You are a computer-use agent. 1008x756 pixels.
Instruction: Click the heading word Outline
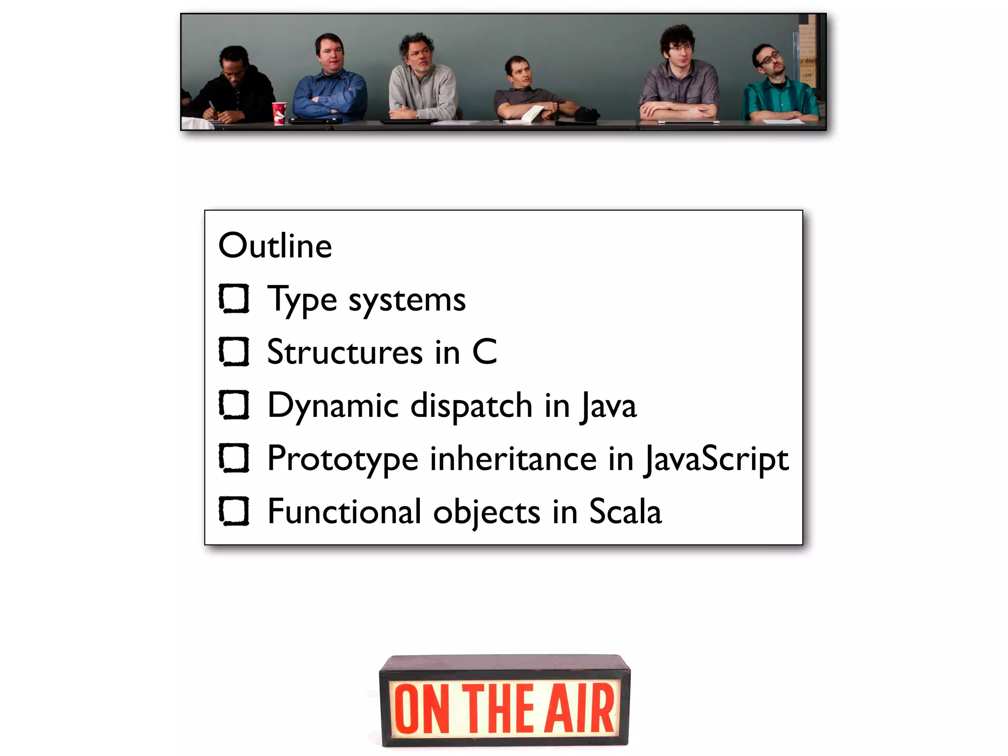[x=275, y=246]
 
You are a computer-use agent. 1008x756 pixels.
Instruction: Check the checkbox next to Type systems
[x=234, y=298]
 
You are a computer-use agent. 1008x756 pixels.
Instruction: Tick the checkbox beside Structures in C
[x=234, y=351]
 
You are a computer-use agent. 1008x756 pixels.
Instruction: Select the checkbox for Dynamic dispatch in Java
[x=234, y=405]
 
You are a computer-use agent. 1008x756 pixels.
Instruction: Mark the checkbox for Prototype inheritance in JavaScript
[x=234, y=458]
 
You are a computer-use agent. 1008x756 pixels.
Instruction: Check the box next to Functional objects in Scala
[x=234, y=511]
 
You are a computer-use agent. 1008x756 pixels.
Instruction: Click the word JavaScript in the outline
[x=717, y=459]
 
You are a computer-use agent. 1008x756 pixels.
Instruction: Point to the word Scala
[x=625, y=512]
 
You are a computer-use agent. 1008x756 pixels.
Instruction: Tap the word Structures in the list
[x=345, y=352]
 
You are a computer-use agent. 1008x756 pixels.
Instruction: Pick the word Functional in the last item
[x=344, y=512]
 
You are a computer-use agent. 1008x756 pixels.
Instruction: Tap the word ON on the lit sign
[x=422, y=709]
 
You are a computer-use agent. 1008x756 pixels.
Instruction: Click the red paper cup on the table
[x=279, y=112]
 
